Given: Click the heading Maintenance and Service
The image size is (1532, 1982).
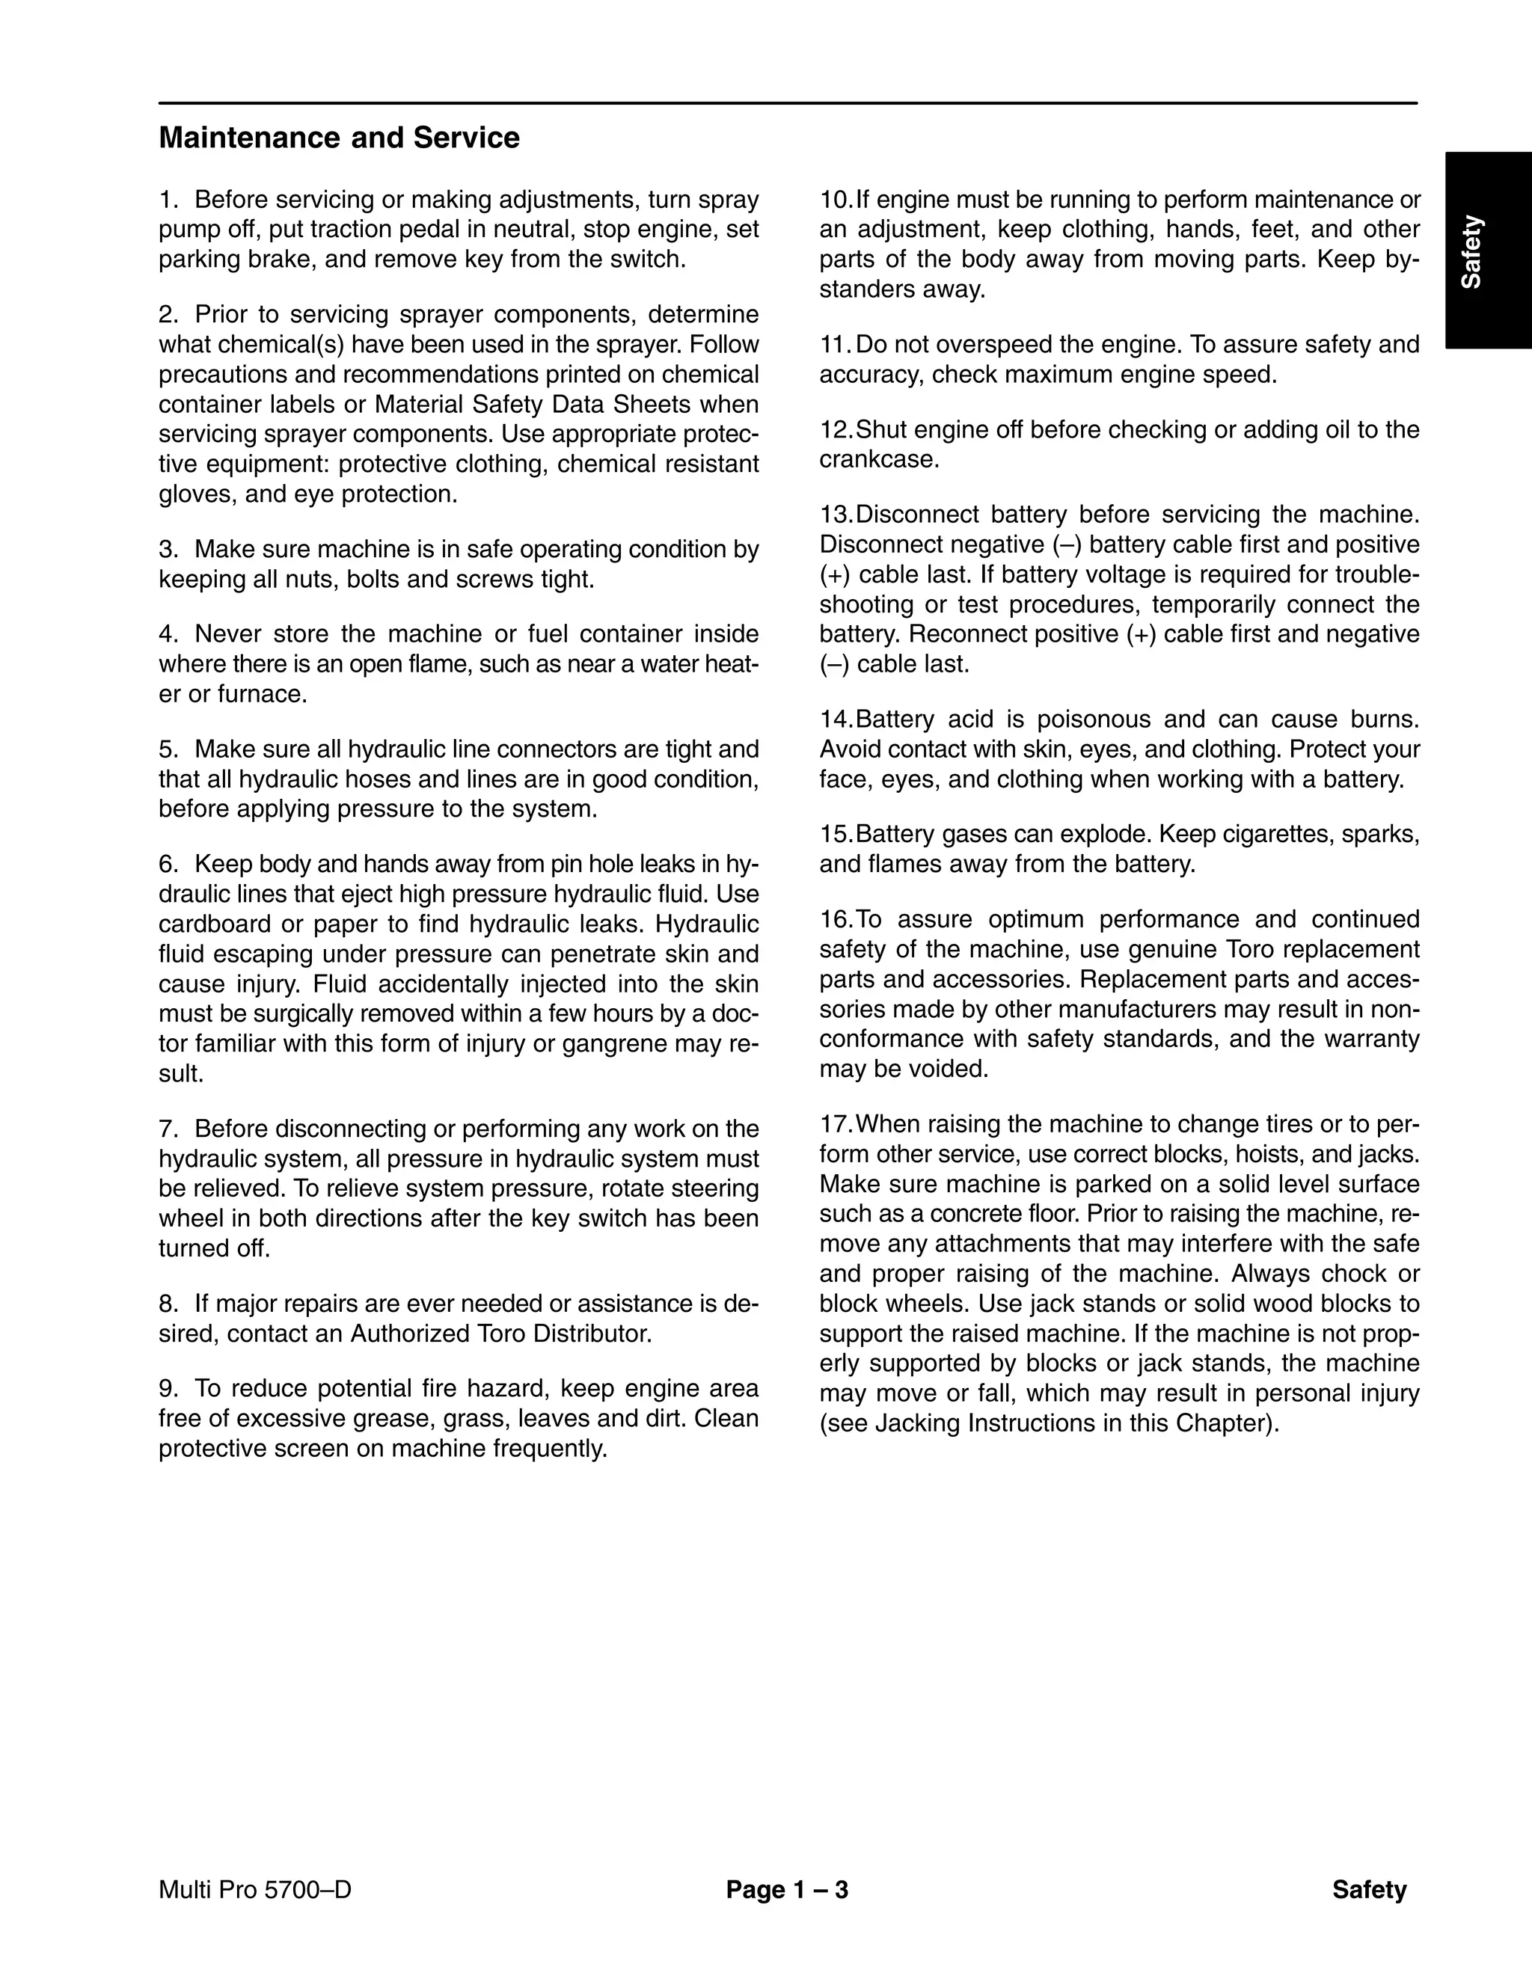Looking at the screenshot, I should coord(339,138).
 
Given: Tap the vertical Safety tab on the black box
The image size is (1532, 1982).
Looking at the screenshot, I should coord(1471,251).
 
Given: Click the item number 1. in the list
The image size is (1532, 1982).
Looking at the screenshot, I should coord(169,200).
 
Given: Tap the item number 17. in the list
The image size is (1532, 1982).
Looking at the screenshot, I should coord(836,1124).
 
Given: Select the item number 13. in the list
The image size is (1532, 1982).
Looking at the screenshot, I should coord(836,515).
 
